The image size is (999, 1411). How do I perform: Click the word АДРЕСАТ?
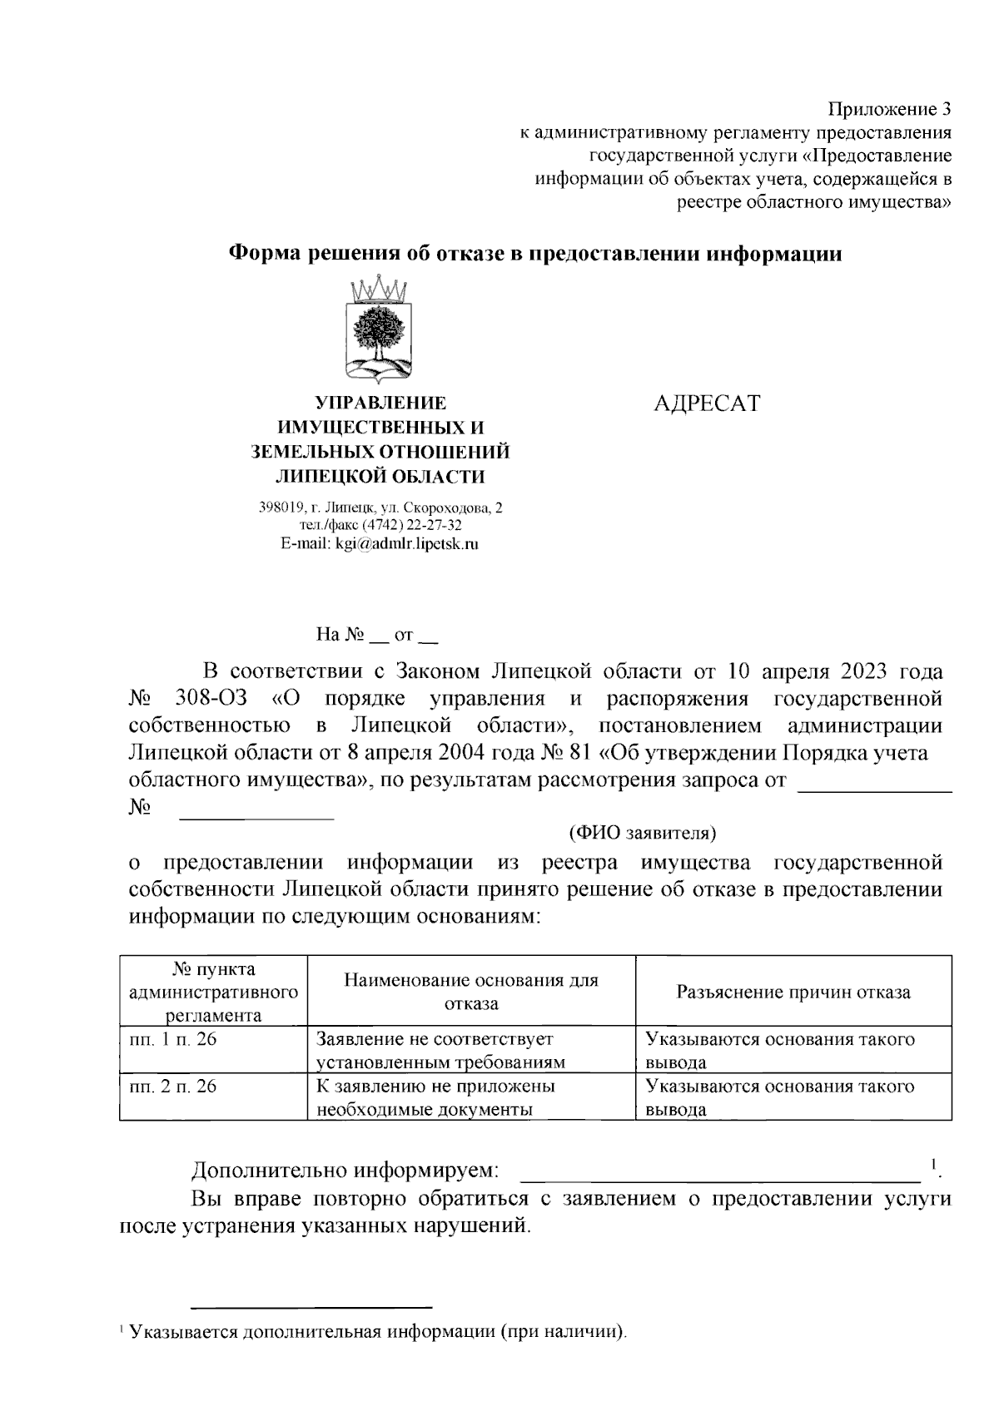point(706,404)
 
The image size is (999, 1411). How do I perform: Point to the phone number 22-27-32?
point(434,526)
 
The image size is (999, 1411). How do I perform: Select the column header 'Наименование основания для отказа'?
point(470,992)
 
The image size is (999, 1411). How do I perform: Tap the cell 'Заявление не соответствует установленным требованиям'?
point(440,1050)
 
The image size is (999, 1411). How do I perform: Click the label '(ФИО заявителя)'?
point(642,832)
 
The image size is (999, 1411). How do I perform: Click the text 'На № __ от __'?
point(376,636)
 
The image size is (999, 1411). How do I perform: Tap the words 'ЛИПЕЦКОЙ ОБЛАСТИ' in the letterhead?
point(380,476)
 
